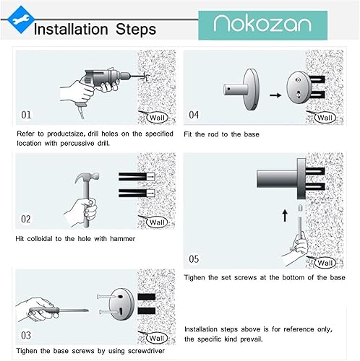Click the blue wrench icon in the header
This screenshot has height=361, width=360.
(20, 19)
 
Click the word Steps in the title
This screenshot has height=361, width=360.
(136, 30)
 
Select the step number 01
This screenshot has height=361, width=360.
(26, 115)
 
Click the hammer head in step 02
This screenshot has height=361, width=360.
(87, 178)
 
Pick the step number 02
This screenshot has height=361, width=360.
(26, 219)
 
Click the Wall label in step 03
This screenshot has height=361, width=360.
(157, 338)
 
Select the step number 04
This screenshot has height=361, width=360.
(194, 115)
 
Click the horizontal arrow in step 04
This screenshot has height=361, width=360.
(275, 95)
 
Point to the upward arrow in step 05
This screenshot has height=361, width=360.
(285, 215)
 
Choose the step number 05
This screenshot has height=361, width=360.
(194, 259)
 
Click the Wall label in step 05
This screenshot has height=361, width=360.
(325, 263)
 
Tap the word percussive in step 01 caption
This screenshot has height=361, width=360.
(77, 144)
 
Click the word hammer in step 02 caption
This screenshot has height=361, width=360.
(122, 239)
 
